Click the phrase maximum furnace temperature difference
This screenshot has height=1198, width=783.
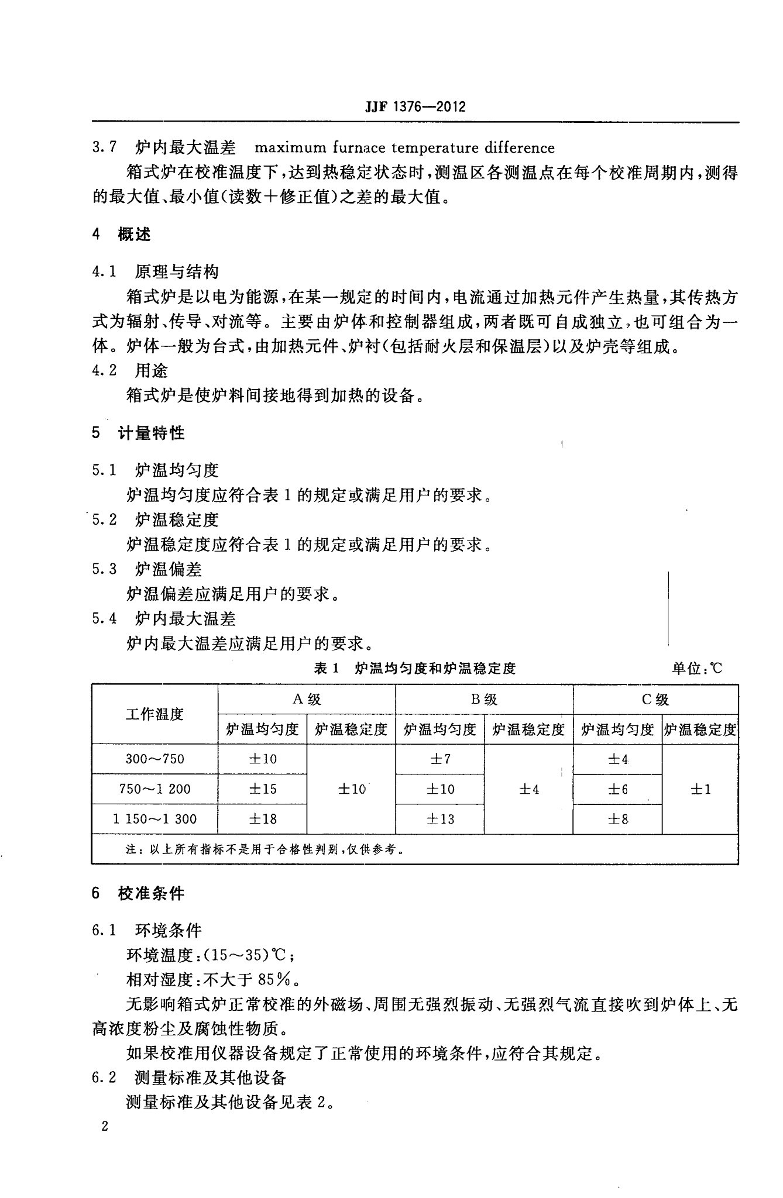[x=404, y=147]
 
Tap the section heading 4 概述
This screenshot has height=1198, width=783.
[x=122, y=235]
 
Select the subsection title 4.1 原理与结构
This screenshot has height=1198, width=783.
[x=155, y=271]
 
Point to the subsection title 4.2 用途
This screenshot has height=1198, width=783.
[x=130, y=370]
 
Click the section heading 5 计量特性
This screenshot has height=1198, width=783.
[x=138, y=433]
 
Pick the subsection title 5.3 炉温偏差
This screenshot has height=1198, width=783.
[x=147, y=569]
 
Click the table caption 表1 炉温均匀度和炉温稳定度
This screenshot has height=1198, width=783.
[x=415, y=668]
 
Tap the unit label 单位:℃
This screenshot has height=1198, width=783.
[x=697, y=668]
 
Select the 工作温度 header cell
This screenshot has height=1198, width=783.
[x=154, y=714]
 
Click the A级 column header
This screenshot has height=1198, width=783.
[x=307, y=699]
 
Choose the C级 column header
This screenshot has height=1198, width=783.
[x=655, y=699]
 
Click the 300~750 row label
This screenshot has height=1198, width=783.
[x=154, y=759]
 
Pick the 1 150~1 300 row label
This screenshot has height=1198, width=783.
[x=154, y=819]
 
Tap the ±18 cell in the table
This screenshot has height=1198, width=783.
[x=262, y=819]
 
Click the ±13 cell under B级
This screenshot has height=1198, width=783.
[x=439, y=819]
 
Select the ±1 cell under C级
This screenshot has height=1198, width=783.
[x=700, y=789]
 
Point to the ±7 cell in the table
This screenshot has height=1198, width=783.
[x=439, y=759]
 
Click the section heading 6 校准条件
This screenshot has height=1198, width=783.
[x=138, y=893]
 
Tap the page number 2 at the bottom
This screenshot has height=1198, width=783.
[x=105, y=1126]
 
